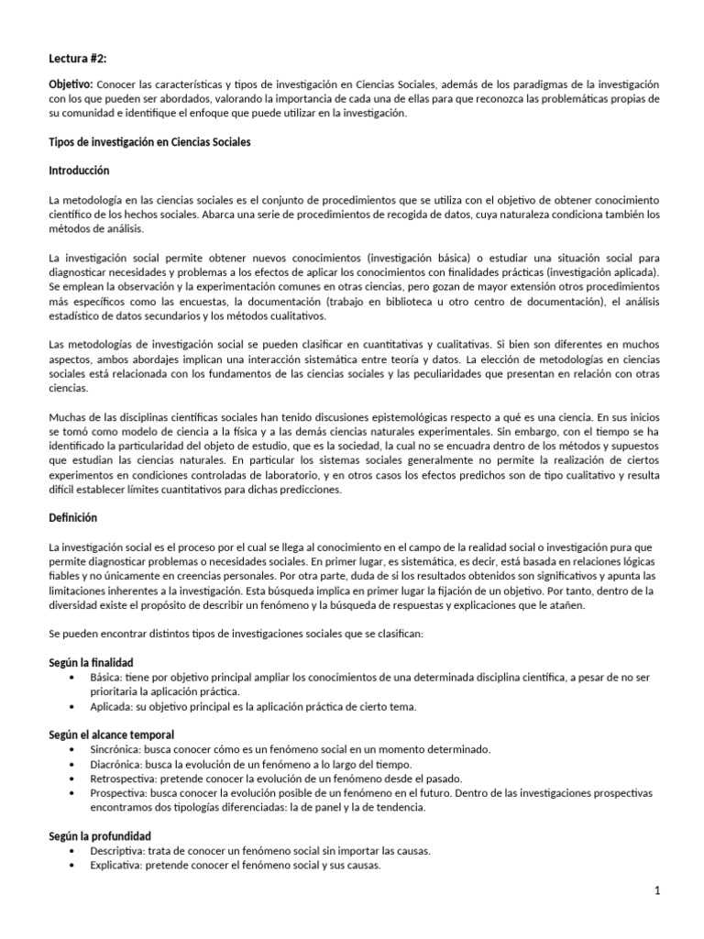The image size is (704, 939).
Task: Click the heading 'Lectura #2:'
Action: pyautogui.click(x=78, y=59)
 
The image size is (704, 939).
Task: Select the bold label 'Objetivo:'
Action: pyautogui.click(x=70, y=84)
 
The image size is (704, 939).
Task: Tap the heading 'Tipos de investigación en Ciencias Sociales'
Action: pyautogui.click(x=148, y=143)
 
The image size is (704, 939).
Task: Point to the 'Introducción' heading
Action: pyautogui.click(x=79, y=171)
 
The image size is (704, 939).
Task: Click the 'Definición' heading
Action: pyautogui.click(x=72, y=518)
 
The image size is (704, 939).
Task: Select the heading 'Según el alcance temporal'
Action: pyautogui.click(x=111, y=735)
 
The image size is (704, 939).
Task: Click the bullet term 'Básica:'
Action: pyautogui.click(x=109, y=677)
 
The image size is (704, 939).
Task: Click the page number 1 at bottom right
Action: pyautogui.click(x=657, y=892)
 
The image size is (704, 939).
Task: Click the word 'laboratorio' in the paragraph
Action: pyautogui.click(x=291, y=476)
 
